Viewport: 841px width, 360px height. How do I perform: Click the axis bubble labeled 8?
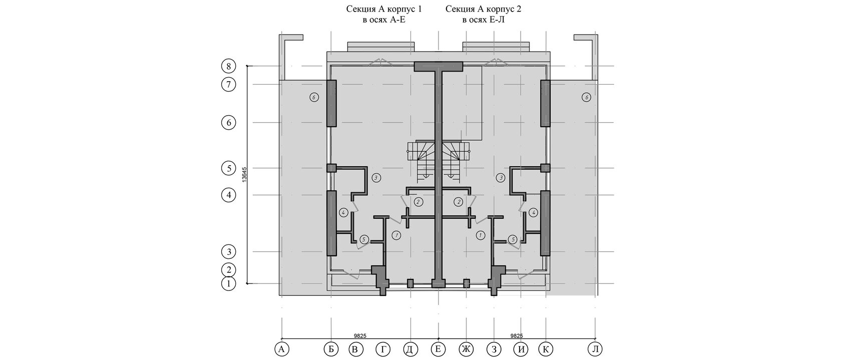(228, 67)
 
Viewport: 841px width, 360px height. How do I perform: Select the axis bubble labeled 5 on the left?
(228, 168)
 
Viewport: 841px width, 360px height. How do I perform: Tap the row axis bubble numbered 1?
(228, 284)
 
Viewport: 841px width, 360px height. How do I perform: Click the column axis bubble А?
(281, 349)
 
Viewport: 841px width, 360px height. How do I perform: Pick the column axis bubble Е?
(438, 349)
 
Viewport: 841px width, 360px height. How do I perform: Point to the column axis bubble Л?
(595, 349)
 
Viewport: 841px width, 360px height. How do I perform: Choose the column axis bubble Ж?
(466, 349)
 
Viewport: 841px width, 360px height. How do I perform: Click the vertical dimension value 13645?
(244, 175)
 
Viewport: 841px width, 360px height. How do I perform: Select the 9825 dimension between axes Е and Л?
(517, 336)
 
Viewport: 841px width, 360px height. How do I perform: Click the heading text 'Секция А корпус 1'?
(383, 9)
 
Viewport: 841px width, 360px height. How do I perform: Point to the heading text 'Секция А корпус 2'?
(483, 9)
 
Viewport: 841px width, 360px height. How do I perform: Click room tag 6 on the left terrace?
(314, 98)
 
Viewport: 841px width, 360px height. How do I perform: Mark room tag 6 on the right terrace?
(586, 98)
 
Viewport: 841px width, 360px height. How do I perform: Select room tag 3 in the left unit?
(376, 178)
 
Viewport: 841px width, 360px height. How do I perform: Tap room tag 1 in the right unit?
(480, 236)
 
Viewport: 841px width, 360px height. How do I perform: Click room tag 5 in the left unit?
(364, 239)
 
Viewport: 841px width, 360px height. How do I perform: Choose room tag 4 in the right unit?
(533, 213)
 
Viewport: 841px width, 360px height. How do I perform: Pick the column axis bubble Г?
(383, 349)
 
